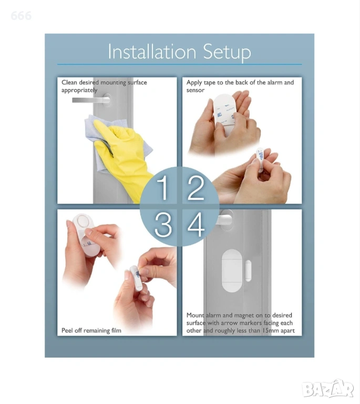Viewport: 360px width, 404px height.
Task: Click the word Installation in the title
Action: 152,52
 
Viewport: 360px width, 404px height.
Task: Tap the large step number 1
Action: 162,188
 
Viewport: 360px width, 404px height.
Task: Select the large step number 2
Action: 196,188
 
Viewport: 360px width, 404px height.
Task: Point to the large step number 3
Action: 163,225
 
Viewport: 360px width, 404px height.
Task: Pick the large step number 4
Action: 196,225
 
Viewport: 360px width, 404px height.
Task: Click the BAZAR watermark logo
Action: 328,389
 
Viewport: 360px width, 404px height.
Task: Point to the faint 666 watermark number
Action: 21,16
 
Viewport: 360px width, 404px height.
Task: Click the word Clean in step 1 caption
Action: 69,83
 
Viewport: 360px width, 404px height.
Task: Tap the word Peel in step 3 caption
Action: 67,330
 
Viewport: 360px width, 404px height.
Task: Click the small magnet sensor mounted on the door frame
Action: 248,270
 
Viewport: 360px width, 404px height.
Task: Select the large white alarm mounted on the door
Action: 232,270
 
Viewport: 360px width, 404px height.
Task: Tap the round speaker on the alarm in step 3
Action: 83,221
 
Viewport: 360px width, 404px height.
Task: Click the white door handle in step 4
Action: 224,219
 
